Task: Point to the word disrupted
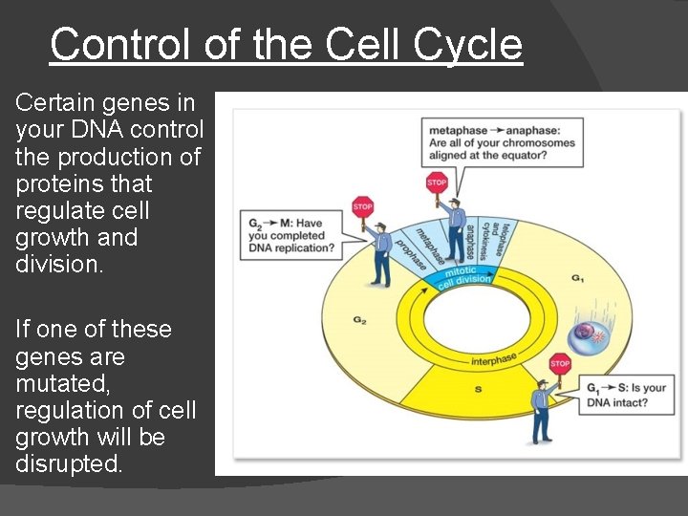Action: pyautogui.click(x=69, y=464)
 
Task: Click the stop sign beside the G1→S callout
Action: pyautogui.click(x=560, y=363)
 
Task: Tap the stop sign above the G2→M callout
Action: pyautogui.click(x=362, y=205)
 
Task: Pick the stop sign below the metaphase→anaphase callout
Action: pyautogui.click(x=437, y=182)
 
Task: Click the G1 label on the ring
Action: pyautogui.click(x=578, y=277)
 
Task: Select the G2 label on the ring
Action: pyautogui.click(x=359, y=321)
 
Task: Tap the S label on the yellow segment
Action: pyautogui.click(x=478, y=389)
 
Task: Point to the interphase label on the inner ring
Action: pyautogui.click(x=493, y=359)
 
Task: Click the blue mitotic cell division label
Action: pyautogui.click(x=464, y=276)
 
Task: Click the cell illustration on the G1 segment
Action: pyautogui.click(x=585, y=335)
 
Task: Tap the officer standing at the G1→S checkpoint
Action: pyautogui.click(x=541, y=411)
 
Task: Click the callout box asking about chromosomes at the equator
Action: pyautogui.click(x=503, y=142)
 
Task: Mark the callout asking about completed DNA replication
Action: pyautogui.click(x=290, y=236)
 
